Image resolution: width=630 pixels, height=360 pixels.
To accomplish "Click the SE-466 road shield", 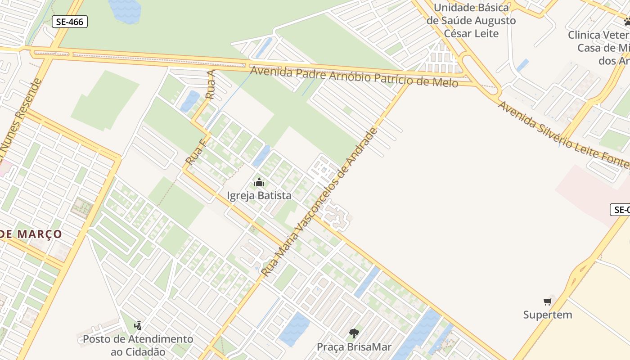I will [70, 21].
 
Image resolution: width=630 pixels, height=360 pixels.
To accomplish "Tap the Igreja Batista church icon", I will [259, 183].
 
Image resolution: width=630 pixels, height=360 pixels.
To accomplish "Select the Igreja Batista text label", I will [259, 196].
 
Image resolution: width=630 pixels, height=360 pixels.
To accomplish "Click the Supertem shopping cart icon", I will [548, 301].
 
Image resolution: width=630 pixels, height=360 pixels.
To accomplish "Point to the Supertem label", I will [548, 315].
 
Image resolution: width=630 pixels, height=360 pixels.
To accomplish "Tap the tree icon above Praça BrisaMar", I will [354, 333].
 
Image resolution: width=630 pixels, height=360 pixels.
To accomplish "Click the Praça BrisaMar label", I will [354, 347].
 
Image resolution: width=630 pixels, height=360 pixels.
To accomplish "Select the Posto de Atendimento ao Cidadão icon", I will [138, 325].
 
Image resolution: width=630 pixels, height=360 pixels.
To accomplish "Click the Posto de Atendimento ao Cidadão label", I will [138, 345].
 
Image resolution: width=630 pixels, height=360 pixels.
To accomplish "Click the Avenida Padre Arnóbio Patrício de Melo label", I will [354, 77].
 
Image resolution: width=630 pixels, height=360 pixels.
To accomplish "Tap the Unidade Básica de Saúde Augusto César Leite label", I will [471, 21].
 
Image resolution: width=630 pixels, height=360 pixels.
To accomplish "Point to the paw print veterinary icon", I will [626, 21].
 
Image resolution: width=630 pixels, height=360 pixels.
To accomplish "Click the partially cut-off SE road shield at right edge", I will [621, 210].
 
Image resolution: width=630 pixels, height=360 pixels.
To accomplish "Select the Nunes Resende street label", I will [20, 121].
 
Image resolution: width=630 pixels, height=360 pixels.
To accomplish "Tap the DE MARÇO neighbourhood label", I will [31, 234].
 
